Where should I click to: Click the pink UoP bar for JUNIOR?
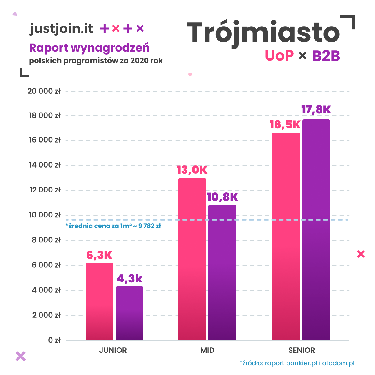[x=99, y=302]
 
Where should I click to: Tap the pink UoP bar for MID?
[x=192, y=259]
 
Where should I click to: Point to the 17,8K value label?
[x=316, y=110]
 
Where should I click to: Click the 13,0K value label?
[x=192, y=170]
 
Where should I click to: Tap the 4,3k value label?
[x=129, y=278]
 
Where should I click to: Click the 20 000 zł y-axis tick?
[x=44, y=91]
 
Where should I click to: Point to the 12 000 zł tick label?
[x=44, y=190]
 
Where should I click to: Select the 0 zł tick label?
[x=54, y=340]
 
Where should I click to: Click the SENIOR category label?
[x=302, y=350]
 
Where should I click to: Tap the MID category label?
[x=207, y=350]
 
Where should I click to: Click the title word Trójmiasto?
[x=263, y=33]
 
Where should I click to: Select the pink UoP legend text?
[x=279, y=56]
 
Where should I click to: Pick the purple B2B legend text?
[x=326, y=56]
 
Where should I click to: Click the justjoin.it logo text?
[x=62, y=29]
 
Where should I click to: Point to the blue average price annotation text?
[x=113, y=226]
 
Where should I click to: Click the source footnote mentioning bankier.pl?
[x=297, y=363]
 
